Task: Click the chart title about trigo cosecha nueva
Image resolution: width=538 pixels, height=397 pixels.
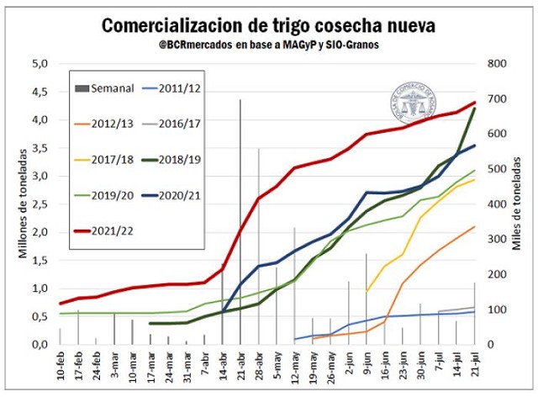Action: pos(269,26)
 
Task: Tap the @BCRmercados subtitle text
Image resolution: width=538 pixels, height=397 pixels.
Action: pos(269,45)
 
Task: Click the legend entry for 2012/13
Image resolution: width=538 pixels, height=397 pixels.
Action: pos(106,124)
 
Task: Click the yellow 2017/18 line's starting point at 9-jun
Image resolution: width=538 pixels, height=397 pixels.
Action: pos(367,291)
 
